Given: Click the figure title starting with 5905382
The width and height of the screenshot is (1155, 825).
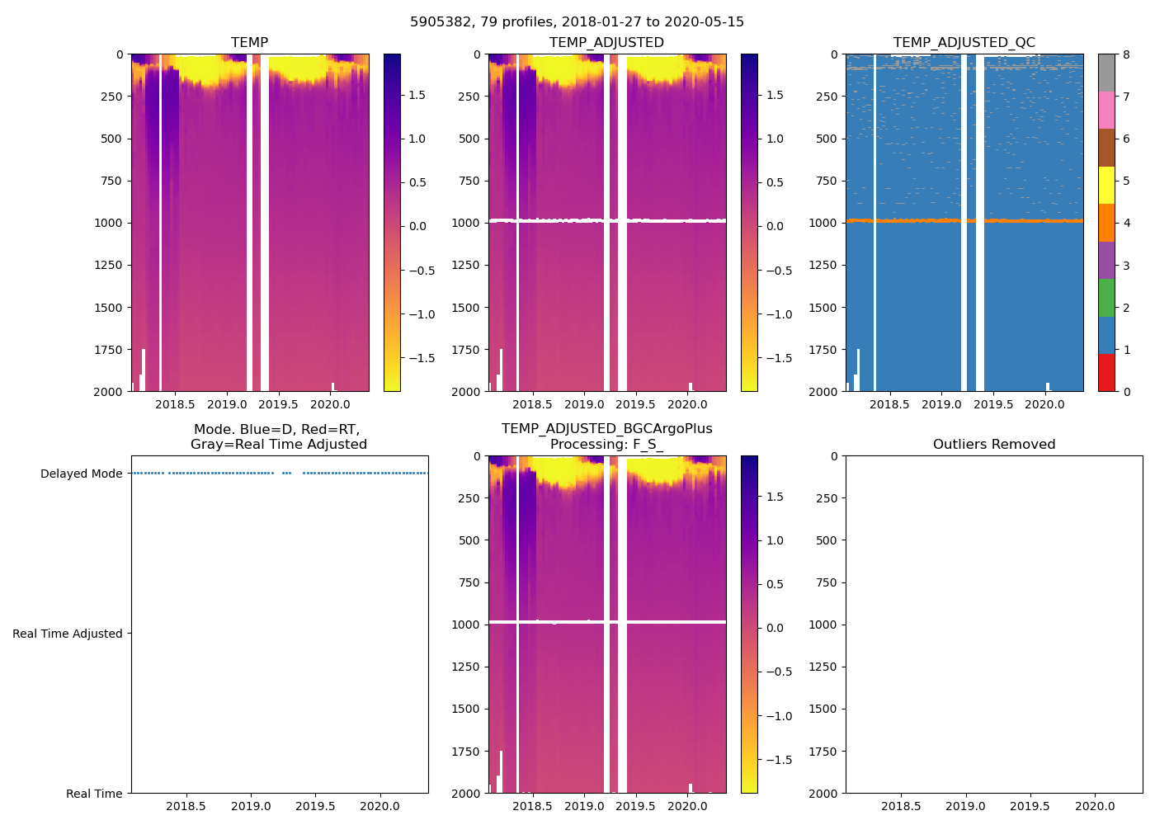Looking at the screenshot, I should [577, 22].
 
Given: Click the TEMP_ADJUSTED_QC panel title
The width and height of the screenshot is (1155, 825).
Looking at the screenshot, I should [964, 43].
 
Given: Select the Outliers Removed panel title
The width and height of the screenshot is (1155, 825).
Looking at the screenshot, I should [993, 445].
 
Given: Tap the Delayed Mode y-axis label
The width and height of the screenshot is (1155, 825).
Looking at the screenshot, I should [81, 474].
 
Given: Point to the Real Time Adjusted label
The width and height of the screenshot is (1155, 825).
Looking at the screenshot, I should [67, 634].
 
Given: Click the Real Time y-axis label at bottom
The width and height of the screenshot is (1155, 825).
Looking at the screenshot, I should [94, 794].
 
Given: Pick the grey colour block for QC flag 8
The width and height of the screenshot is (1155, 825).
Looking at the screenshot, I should [1106, 73].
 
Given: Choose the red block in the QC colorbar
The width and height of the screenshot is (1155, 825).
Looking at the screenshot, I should [1106, 373].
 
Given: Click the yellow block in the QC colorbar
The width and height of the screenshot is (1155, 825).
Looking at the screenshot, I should [1106, 186].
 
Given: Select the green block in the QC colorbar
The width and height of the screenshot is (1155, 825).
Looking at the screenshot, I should [1106, 298].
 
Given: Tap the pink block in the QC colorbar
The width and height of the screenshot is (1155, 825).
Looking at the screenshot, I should [1106, 111].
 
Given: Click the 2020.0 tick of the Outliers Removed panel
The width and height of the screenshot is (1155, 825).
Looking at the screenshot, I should [1095, 806].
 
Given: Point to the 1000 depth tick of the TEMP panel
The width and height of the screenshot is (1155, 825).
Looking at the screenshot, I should [111, 223].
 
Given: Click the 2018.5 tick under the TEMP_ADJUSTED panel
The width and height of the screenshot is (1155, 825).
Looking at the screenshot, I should [532, 404].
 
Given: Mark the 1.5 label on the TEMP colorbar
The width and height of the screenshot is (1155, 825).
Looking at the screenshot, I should [417, 95].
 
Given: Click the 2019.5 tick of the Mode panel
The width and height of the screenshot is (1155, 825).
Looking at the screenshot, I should [315, 806].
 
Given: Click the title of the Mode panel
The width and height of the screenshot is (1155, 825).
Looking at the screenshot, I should [278, 437].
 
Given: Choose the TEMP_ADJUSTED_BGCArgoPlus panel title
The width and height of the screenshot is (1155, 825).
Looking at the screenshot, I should [606, 437].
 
